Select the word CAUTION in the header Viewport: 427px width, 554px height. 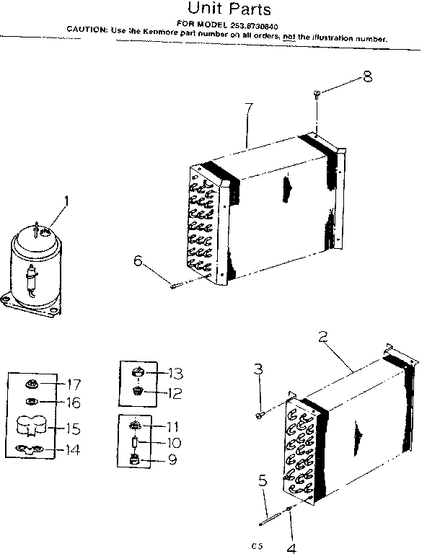click(x=88, y=29)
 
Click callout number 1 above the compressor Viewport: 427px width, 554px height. click(x=68, y=201)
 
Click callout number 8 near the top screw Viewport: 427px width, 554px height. click(x=368, y=76)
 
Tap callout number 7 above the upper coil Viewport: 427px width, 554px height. click(x=249, y=110)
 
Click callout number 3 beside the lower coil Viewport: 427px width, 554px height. click(x=257, y=370)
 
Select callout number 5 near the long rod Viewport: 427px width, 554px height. click(x=264, y=479)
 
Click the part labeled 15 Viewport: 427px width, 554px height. click(x=32, y=426)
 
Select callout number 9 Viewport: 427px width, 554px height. click(x=172, y=460)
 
